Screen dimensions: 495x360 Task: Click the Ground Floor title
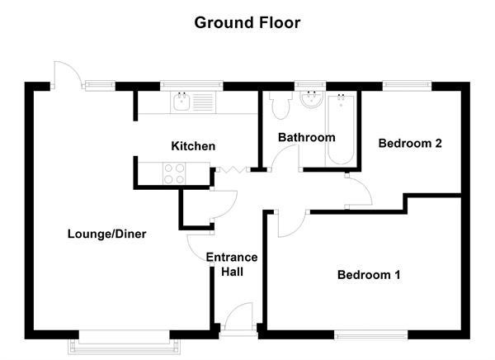coord(247,23)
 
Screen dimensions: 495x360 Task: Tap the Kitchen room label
coord(193,146)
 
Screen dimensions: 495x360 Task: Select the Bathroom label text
coord(307,138)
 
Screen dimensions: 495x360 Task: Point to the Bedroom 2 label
coord(410,143)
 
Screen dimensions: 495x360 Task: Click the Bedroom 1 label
coord(369,275)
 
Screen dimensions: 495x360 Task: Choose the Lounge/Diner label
coord(107,234)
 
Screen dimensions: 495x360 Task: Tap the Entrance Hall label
coord(232,264)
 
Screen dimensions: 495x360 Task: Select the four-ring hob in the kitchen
coord(174,173)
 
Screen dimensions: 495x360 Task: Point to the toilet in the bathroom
coord(280,104)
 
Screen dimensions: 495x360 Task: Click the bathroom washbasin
coord(312,99)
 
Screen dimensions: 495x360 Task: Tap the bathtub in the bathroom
coord(341,129)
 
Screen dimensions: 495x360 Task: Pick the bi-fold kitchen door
coord(233,170)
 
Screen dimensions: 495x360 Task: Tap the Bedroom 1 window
coord(371,335)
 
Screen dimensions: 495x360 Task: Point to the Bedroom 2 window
coord(408,87)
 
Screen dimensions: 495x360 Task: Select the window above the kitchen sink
coord(191,86)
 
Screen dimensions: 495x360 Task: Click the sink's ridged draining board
coord(203,102)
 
